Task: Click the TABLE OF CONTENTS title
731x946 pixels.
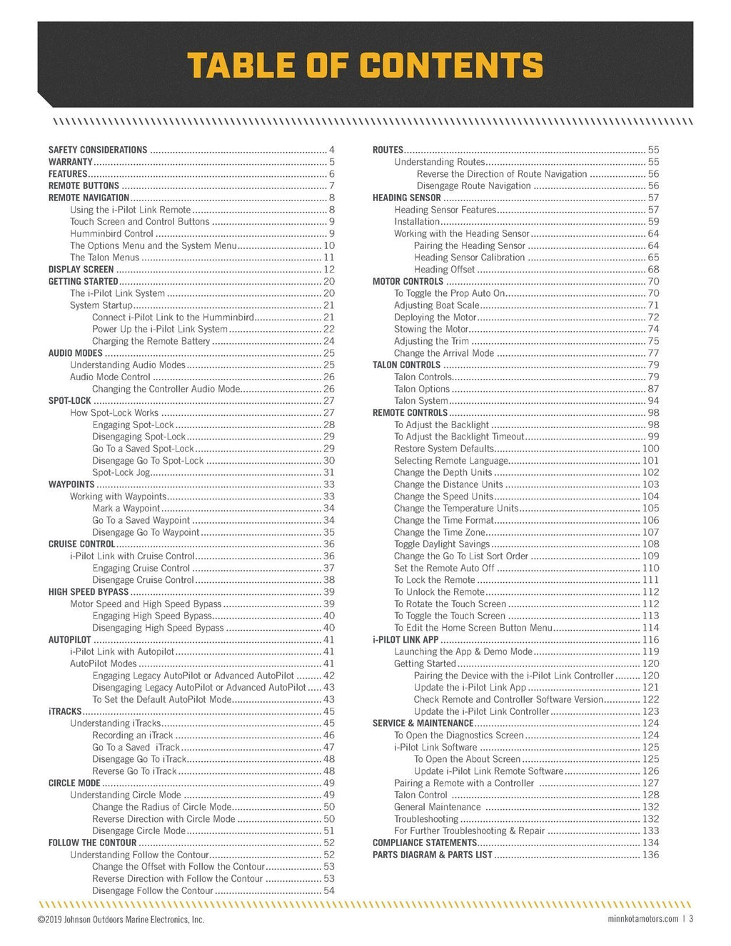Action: click(365, 65)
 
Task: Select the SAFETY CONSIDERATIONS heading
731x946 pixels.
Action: click(98, 150)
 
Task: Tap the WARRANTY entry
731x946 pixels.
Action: click(71, 162)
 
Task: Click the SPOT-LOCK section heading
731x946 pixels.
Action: click(70, 401)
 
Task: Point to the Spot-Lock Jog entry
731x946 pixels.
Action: click(121, 472)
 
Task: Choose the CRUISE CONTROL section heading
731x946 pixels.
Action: click(81, 544)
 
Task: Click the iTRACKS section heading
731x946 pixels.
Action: click(65, 711)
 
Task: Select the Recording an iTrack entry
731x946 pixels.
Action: click(133, 735)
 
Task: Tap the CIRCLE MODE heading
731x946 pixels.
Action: click(74, 783)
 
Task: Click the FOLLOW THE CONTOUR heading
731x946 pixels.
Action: click(92, 843)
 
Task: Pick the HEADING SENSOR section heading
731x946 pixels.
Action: click(407, 198)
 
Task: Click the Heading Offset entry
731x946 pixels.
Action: click(444, 270)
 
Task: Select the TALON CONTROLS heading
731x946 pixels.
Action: click(406, 365)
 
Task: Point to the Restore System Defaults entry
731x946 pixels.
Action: click(444, 449)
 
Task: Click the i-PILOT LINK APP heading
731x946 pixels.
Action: click(405, 640)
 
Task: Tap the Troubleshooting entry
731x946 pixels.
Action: click(426, 819)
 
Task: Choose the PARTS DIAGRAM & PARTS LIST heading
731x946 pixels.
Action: click(433, 855)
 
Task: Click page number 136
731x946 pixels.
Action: click(650, 855)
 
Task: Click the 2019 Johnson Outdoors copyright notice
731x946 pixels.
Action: click(121, 920)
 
